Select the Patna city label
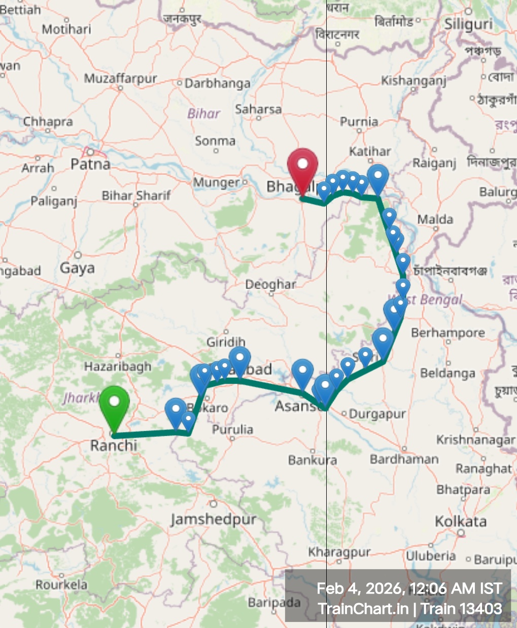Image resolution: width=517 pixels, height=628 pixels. [x=90, y=164]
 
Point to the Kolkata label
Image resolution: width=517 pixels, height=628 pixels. [x=461, y=521]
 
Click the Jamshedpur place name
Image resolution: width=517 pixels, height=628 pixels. [x=214, y=519]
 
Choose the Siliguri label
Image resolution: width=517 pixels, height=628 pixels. [x=468, y=24]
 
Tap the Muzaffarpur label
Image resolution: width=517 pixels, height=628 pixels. [x=120, y=79]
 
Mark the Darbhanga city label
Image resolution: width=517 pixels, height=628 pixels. [x=217, y=84]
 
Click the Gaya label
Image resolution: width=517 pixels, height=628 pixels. [x=77, y=268]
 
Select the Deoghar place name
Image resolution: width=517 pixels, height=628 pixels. [x=270, y=284]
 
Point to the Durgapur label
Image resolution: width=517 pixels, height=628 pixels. [x=377, y=414]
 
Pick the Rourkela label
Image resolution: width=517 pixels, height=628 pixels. [x=61, y=585]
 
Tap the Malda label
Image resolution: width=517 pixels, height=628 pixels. [x=435, y=219]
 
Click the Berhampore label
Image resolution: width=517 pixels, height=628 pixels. [x=447, y=333]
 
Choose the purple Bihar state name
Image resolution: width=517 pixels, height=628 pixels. [x=204, y=113]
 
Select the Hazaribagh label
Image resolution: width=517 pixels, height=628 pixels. [x=118, y=367]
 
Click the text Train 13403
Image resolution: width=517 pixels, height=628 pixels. [x=462, y=609]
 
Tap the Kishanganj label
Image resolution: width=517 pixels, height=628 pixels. [x=413, y=81]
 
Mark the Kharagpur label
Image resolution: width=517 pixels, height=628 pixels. [x=339, y=552]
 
